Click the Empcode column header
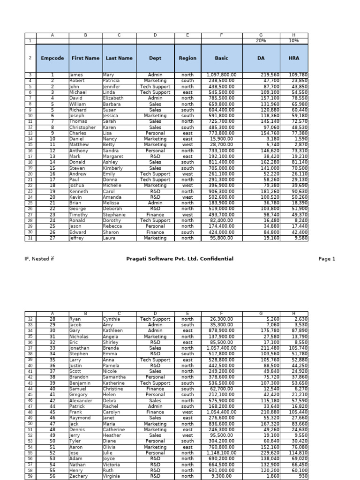click(52, 58)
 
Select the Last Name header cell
click(119, 58)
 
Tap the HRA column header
click(293, 58)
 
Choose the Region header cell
click(187, 58)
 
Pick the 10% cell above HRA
click(293, 41)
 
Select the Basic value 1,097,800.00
click(221, 75)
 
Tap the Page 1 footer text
click(327, 259)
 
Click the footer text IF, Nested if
click(39, 259)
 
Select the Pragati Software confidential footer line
click(180, 259)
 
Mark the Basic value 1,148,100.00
click(221, 453)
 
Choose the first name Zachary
click(79, 476)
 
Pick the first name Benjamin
click(80, 383)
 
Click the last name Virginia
click(112, 476)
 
